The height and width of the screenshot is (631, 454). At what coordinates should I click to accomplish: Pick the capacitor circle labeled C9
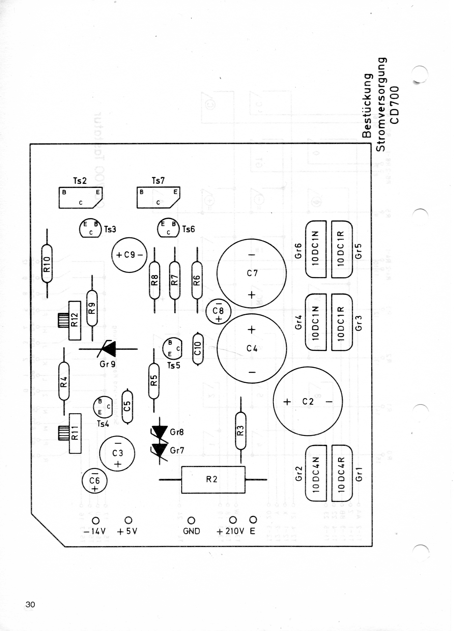coord(129,255)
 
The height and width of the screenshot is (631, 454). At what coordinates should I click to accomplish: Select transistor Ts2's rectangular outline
coord(80,197)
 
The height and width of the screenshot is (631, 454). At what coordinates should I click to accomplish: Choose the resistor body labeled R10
coord(47,264)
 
